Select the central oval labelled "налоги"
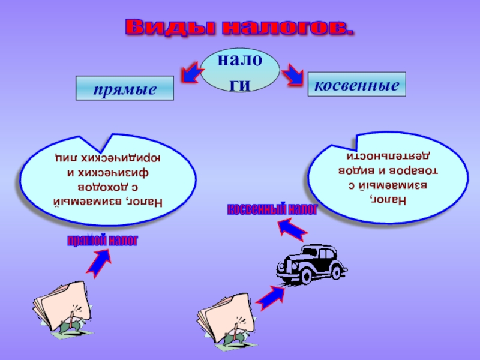[239, 70]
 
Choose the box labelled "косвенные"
[356, 85]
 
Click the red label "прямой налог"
[102, 241]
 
